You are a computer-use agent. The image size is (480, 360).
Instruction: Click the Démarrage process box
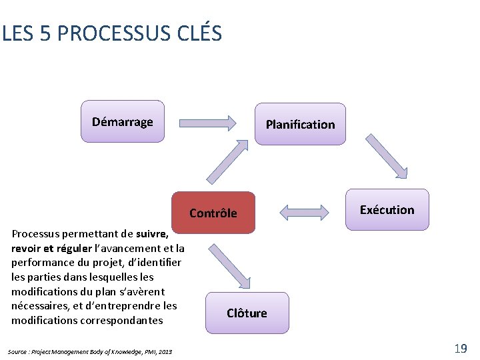point(122,121)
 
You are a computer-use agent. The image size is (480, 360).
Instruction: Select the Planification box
point(300,124)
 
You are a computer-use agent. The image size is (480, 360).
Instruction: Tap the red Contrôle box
point(213,213)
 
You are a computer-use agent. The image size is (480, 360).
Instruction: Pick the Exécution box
point(387,209)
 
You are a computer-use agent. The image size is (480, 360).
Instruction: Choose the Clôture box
point(247,313)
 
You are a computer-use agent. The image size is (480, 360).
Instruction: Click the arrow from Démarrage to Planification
point(208,123)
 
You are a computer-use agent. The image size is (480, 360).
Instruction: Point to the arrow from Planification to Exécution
point(387,157)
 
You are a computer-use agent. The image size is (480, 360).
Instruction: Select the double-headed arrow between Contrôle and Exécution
point(304,213)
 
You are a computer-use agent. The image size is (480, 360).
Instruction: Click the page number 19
point(460,348)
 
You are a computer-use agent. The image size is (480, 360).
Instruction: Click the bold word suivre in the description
point(151,234)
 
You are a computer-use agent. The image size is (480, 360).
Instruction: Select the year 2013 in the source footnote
point(165,351)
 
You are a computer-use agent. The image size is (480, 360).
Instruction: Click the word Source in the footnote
point(18,351)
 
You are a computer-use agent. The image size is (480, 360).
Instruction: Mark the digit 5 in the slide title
point(45,33)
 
